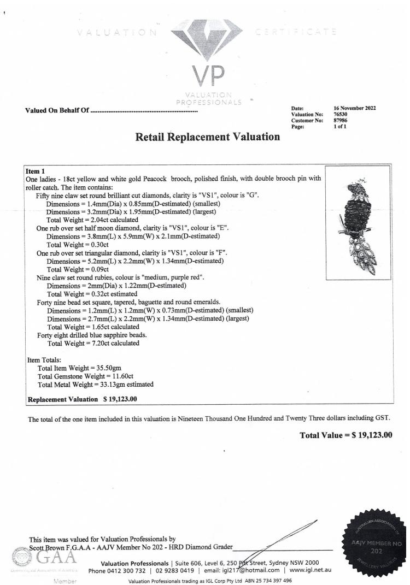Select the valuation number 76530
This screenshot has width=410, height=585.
click(x=341, y=114)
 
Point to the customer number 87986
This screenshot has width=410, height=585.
click(x=341, y=120)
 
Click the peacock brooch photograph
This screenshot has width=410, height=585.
click(x=358, y=222)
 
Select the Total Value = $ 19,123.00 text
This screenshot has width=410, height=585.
click(x=346, y=435)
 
